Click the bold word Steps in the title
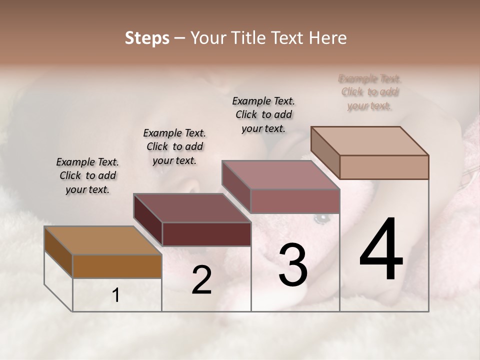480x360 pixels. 147,38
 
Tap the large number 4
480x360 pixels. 381,250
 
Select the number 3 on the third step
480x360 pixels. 293,265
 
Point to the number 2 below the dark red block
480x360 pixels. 202,280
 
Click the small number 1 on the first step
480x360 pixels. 116,295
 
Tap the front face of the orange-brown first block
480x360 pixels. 117,266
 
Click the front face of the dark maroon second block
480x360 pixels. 206,234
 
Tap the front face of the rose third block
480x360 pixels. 295,201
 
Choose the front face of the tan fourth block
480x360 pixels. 384,167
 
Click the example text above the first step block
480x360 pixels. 87,175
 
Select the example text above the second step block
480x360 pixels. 174,146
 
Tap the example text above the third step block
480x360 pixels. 263,114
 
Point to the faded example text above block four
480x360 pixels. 370,92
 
